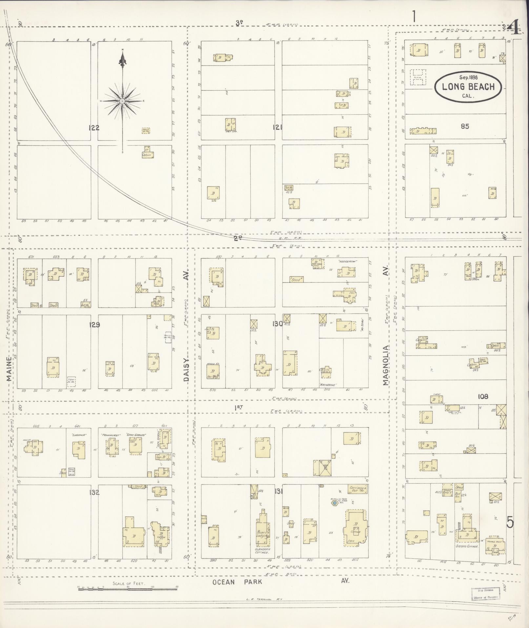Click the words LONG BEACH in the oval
(x=468, y=87)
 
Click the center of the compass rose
(x=122, y=101)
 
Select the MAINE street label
(x=9, y=368)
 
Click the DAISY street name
(x=186, y=369)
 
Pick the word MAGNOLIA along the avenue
(x=386, y=365)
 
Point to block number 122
(x=94, y=128)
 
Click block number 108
(x=483, y=397)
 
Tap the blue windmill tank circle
(x=334, y=503)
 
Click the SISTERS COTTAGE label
(x=467, y=546)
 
